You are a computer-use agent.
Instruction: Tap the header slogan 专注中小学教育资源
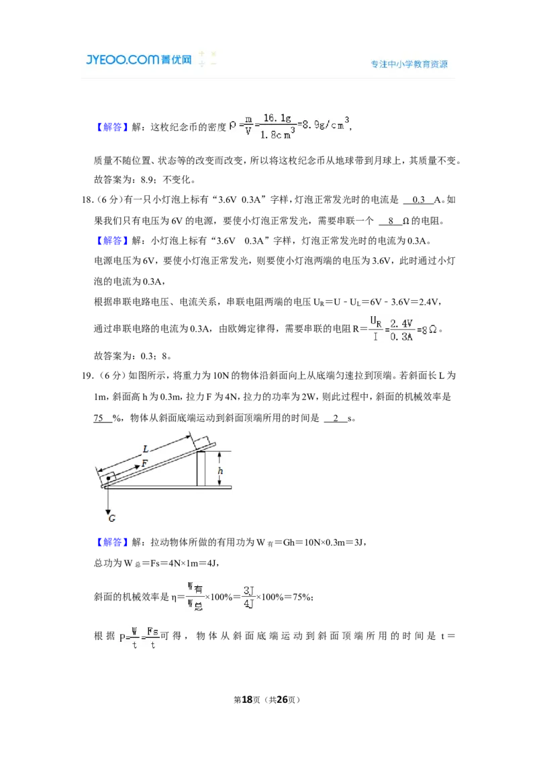click(x=409, y=64)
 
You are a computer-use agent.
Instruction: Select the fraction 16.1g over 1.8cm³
click(x=277, y=126)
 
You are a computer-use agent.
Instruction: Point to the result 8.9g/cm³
click(x=325, y=125)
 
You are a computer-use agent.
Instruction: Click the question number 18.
click(x=87, y=199)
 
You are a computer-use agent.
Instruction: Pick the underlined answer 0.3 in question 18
click(x=418, y=199)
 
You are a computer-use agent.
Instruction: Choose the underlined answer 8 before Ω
click(x=391, y=221)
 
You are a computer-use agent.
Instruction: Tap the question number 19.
click(x=87, y=376)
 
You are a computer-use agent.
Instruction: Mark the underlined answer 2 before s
click(x=336, y=418)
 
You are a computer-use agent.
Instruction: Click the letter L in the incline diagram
click(x=146, y=449)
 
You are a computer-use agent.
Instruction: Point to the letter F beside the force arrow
click(x=144, y=463)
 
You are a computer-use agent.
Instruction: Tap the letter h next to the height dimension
click(x=221, y=471)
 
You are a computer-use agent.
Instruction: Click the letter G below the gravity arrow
click(x=112, y=518)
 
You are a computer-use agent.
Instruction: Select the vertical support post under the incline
click(x=201, y=468)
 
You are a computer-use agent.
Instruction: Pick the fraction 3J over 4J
click(x=248, y=597)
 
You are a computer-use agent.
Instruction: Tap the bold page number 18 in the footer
click(x=247, y=700)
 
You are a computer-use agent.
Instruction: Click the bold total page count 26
click(x=282, y=700)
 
